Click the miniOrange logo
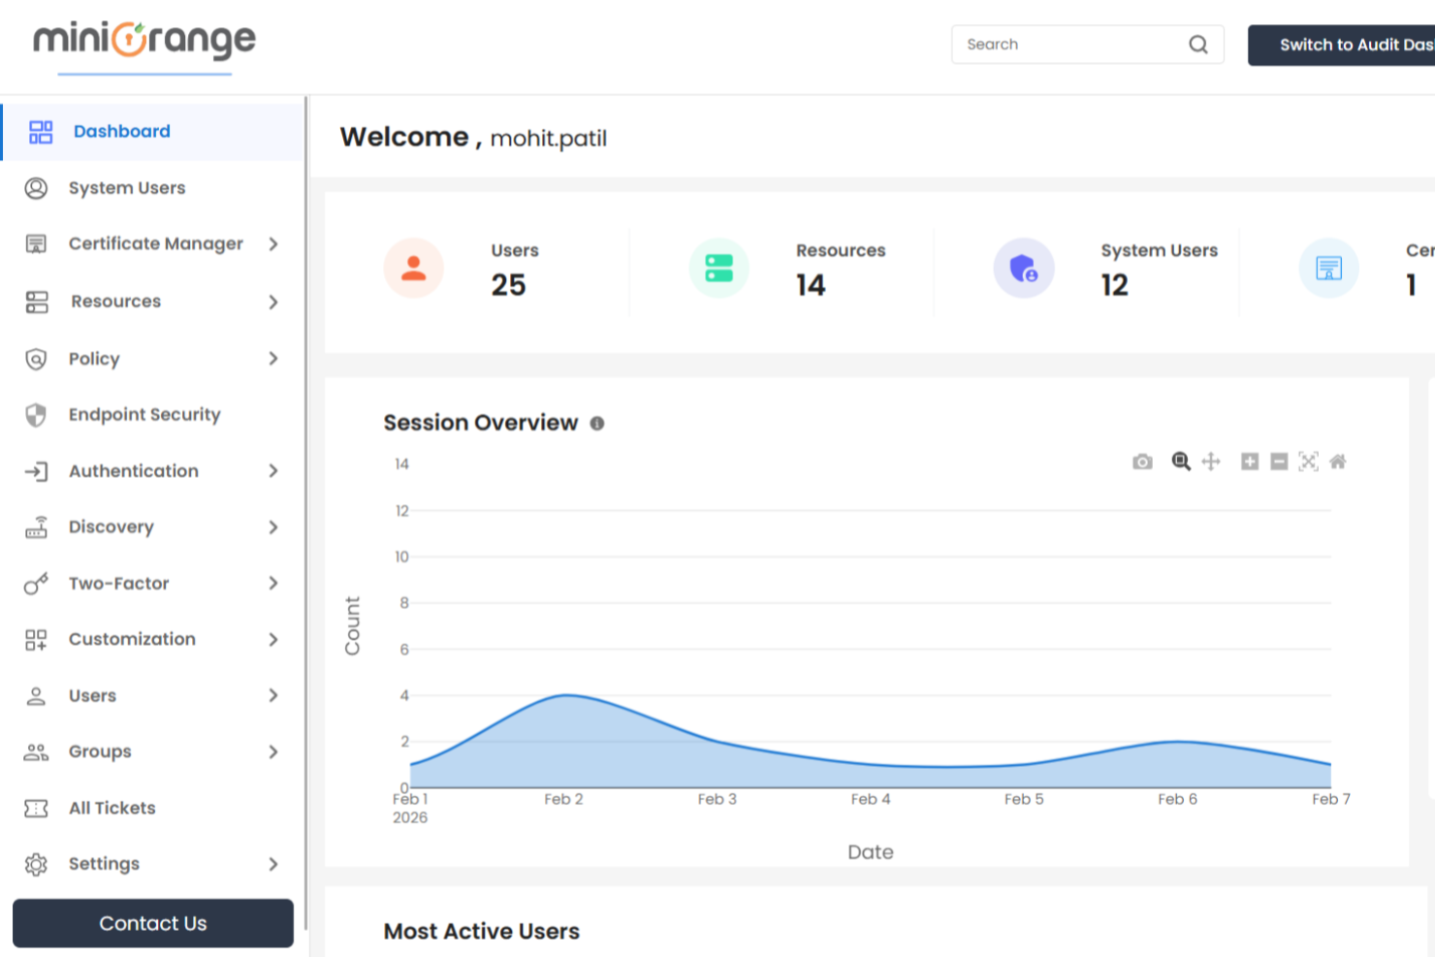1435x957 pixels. pos(144,41)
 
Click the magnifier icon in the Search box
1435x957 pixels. pos(1198,45)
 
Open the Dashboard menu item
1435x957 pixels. pos(121,132)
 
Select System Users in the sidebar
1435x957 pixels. pos(126,188)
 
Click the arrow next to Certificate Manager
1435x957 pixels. pos(273,244)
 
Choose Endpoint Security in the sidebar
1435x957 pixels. pos(144,415)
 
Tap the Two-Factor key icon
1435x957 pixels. pos(36,584)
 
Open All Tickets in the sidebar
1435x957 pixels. pos(112,808)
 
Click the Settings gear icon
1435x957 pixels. pos(36,864)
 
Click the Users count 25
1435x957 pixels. pos(508,285)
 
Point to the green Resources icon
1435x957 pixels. pos(718,269)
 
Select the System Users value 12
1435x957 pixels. pos(1114,285)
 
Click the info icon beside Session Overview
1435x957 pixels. pos(597,424)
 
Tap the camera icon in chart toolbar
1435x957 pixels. pos(1142,462)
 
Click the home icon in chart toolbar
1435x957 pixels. pos(1337,462)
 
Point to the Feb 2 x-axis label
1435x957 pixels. pos(563,799)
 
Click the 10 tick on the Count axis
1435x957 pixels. pos(401,557)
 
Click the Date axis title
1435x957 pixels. pos(870,852)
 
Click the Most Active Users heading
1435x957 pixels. pos(481,932)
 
